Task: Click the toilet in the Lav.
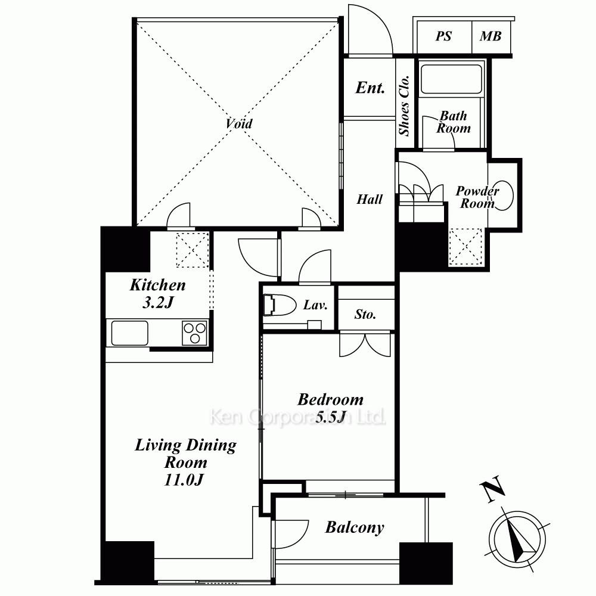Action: coord(280,305)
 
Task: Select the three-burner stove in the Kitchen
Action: coord(195,333)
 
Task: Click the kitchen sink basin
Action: coord(129,333)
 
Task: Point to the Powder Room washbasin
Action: coord(504,195)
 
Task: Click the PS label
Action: coord(443,36)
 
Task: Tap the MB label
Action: coord(491,36)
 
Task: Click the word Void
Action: coord(239,123)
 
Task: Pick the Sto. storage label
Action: coord(365,314)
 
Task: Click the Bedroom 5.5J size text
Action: coord(331,417)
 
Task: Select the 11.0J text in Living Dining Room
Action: coord(184,479)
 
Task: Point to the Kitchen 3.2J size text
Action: coord(158,303)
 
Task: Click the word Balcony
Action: coord(354,527)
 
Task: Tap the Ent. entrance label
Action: coord(370,88)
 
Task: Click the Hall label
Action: coord(370,199)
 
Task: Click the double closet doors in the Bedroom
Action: coord(365,345)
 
